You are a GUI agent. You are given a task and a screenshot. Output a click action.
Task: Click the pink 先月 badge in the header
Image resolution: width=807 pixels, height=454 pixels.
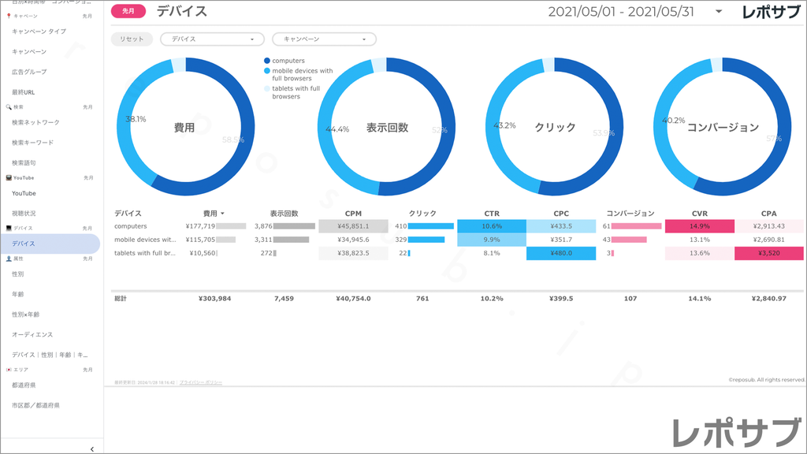coord(128,11)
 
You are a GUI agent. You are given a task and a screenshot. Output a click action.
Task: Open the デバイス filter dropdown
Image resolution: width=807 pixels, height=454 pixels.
coord(212,39)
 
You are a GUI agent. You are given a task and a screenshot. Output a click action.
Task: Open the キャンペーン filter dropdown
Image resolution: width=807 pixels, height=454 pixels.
coord(324,39)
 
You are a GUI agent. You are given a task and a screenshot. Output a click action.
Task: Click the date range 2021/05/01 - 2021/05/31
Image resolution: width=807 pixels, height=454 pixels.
coord(620,12)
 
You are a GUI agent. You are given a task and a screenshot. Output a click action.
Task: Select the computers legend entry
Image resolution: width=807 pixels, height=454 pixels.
coord(288,61)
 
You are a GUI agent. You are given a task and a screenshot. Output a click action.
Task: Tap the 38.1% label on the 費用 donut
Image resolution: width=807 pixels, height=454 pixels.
coord(136,119)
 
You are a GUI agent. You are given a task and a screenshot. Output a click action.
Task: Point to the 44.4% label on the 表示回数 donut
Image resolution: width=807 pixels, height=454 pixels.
coord(337,129)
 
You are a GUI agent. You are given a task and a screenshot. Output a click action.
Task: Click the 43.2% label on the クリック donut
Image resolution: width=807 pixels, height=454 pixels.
coord(504,125)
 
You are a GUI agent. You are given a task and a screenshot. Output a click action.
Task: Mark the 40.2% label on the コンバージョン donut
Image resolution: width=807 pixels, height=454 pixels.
coord(673,121)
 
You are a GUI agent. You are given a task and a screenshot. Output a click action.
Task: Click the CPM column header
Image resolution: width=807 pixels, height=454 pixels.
coord(353,213)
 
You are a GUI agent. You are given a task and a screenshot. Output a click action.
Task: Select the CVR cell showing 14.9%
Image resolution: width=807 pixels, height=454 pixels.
coord(699,226)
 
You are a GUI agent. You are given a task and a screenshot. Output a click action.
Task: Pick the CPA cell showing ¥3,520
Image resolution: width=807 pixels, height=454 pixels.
coord(768,253)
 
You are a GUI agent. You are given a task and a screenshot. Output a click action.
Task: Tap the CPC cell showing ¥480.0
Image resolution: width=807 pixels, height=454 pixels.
coord(561,253)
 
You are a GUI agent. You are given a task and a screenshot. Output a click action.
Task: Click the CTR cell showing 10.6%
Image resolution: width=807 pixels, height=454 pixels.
coord(491,226)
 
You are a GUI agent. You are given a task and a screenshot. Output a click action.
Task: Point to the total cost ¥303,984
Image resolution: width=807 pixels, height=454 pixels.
coord(214,299)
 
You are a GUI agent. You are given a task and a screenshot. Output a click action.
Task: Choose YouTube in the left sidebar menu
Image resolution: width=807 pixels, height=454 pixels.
coord(24,193)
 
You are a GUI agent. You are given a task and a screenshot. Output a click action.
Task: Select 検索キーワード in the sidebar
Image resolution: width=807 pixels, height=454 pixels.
coord(33,143)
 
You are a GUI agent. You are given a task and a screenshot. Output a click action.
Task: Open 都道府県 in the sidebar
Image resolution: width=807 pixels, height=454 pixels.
coord(24,385)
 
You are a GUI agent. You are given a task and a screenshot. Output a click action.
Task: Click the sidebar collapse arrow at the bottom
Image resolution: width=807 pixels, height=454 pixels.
coord(92,448)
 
